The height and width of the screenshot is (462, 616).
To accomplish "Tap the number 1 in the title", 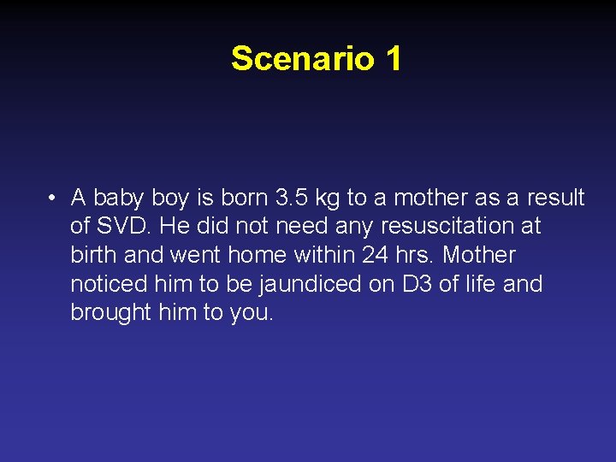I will click(x=393, y=58).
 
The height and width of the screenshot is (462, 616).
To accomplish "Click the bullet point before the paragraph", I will click(x=53, y=198).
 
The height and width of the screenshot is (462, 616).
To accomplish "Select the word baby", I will click(x=119, y=198).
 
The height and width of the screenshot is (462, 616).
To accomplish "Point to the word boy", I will click(x=169, y=198).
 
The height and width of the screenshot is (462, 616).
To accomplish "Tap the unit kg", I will click(x=328, y=198).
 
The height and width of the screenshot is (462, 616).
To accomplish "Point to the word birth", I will click(x=94, y=255).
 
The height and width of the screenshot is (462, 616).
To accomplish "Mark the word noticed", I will click(x=110, y=283).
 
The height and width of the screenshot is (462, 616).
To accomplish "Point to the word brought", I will click(x=111, y=311).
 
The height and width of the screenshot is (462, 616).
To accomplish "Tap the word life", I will click(x=482, y=283).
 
